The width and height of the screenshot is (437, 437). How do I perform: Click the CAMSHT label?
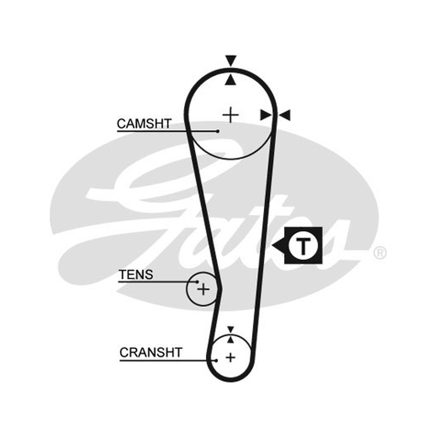[144, 123]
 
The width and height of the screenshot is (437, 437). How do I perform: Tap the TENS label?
[136, 275]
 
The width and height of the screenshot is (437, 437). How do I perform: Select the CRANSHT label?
[151, 352]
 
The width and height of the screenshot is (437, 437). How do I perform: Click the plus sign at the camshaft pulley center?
[231, 115]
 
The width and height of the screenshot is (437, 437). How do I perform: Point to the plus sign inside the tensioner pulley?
[203, 289]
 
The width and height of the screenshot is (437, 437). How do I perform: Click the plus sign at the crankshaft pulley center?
[230, 357]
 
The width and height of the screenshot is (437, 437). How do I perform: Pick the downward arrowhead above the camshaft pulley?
[231, 61]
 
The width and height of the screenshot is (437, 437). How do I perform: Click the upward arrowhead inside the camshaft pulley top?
[231, 79]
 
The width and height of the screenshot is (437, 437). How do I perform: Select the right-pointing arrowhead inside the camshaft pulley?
[265, 115]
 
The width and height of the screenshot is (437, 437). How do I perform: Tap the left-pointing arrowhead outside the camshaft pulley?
[285, 115]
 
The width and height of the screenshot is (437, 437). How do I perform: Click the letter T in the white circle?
[303, 246]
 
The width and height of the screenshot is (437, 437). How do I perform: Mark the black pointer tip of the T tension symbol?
[273, 246]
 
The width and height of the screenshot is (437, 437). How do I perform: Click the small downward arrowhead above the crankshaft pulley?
[230, 329]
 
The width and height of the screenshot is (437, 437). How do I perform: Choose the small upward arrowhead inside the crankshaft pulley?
[230, 339]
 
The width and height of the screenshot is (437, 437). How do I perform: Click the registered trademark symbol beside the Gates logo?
[380, 253]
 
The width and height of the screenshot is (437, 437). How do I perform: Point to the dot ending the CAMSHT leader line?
[217, 131]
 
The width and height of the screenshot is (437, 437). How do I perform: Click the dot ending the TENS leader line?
[197, 282]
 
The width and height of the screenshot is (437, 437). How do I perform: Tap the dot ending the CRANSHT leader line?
[216, 361]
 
